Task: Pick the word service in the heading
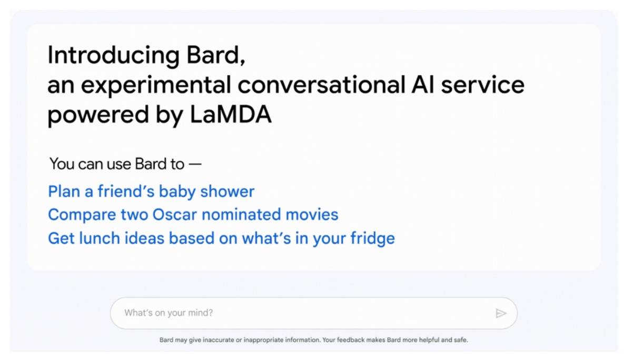click(x=482, y=85)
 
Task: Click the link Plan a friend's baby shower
click(x=151, y=192)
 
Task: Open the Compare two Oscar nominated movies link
click(x=193, y=215)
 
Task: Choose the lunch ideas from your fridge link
click(x=221, y=238)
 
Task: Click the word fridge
click(x=373, y=238)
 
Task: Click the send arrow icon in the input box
click(x=501, y=314)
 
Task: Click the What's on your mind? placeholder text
click(x=169, y=313)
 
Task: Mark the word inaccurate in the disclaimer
click(x=218, y=340)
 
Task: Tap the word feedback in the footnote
click(x=351, y=340)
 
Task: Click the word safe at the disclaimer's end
click(x=461, y=340)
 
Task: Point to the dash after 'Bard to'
click(x=195, y=164)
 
